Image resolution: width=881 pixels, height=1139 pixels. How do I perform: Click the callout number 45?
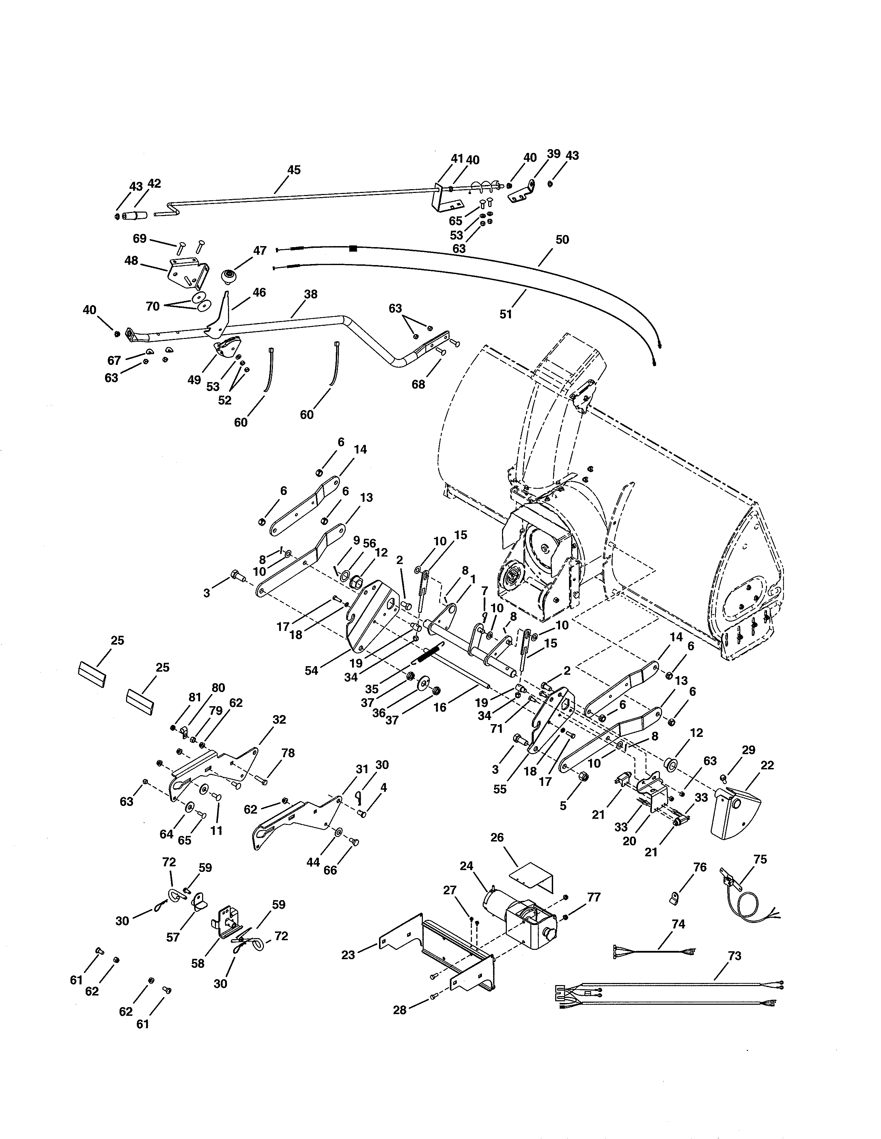click(x=294, y=170)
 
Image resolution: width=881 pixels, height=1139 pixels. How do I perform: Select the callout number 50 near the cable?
click(x=562, y=240)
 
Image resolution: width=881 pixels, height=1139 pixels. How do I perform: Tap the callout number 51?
click(x=506, y=314)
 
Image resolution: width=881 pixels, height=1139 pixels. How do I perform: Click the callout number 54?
click(x=311, y=671)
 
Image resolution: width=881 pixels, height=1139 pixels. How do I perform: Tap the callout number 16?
click(x=440, y=708)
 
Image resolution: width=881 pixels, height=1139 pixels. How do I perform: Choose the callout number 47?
click(x=260, y=251)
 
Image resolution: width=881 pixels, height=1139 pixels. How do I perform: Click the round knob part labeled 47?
click(x=228, y=275)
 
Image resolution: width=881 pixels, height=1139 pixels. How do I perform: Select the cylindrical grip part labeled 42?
click(x=135, y=215)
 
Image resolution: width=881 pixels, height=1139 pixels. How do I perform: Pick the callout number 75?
click(x=760, y=859)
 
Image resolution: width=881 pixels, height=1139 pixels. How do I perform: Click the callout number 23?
click(x=348, y=955)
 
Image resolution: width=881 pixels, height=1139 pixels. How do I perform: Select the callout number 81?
click(x=195, y=697)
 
